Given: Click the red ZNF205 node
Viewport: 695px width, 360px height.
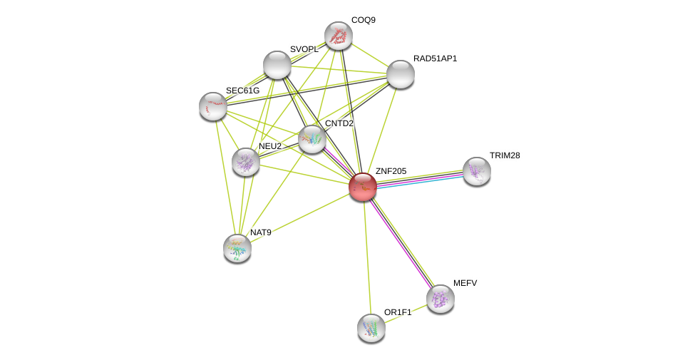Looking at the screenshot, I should click(363, 187).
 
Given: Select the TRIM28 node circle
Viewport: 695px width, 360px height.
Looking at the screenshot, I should click(476, 171).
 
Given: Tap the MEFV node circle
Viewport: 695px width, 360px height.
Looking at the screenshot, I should click(441, 299).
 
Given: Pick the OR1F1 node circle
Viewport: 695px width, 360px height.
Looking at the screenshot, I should click(371, 328).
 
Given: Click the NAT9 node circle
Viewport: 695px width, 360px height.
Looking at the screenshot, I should click(237, 248).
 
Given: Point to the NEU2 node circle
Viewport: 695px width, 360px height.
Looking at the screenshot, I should click(246, 162).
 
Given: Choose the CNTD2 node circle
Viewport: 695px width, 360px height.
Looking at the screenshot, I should click(312, 139).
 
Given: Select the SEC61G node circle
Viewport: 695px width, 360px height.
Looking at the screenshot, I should click(213, 106).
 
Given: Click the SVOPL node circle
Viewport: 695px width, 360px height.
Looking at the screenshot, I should click(277, 65).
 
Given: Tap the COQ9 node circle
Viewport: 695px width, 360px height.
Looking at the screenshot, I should click(339, 36).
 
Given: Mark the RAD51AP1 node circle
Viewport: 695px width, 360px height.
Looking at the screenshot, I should click(401, 74).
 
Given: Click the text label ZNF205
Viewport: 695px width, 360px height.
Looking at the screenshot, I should click(391, 171).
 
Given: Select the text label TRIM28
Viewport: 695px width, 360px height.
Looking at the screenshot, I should click(504, 155).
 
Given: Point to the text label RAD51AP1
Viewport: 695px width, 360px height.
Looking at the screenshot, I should click(435, 58).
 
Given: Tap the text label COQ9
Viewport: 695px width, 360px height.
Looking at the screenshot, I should click(363, 20).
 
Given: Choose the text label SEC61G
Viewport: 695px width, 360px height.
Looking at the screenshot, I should click(242, 91).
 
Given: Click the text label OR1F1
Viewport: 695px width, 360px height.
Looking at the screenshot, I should click(397, 312).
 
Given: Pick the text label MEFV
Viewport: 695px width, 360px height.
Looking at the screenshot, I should click(465, 283).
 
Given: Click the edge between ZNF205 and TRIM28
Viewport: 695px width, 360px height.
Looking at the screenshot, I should click(421, 179).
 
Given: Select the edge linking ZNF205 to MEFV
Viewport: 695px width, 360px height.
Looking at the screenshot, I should click(401, 242).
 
